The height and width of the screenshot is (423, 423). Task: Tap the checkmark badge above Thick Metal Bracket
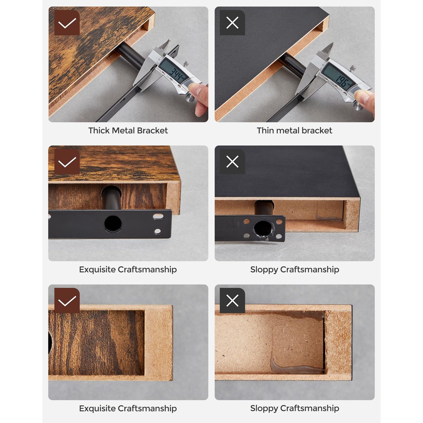pos(67,23)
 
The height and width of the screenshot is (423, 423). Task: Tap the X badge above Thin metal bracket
pos(232,23)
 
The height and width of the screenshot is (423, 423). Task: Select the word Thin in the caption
pos(265,130)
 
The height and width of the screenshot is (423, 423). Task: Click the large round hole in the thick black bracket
pos(113,224)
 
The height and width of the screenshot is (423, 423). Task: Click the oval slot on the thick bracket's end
pos(158,217)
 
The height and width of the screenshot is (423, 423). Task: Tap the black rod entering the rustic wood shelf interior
pos(111,197)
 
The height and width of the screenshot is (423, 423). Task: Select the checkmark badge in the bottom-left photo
pos(67,301)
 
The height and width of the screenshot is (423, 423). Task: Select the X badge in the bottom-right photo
pos(232,301)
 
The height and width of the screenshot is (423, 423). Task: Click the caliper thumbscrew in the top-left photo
pos(186,64)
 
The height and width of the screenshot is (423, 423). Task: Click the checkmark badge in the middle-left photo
pos(67,161)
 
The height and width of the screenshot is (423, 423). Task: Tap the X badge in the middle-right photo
pos(232,161)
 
